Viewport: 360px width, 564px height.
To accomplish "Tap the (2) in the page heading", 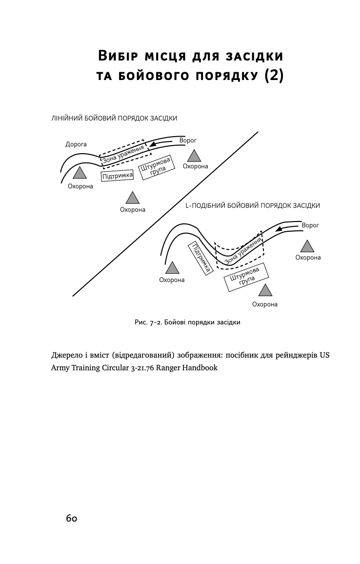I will click(273, 77).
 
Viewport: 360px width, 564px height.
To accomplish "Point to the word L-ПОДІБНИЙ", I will click(207, 206).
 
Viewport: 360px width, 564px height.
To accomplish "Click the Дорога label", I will click(76, 144).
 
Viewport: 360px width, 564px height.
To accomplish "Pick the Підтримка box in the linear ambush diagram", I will click(117, 176).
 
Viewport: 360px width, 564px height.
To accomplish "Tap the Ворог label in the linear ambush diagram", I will click(188, 141).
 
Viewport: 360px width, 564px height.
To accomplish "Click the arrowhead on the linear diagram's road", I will click(153, 144).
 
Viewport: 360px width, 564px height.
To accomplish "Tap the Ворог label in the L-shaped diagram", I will click(310, 226).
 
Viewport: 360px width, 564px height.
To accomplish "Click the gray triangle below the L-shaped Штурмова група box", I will click(265, 291).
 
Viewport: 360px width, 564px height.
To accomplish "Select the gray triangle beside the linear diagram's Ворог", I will click(195, 156).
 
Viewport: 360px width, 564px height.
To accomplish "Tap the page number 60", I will click(72, 518).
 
